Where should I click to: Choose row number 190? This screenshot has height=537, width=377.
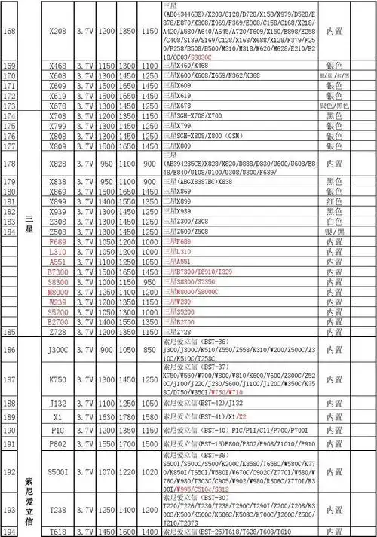click(10, 430)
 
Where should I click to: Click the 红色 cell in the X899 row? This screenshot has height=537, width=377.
click(333, 202)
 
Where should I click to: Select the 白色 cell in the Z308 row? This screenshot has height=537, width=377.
click(333, 222)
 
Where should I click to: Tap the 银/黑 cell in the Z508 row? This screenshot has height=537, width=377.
click(333, 232)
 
